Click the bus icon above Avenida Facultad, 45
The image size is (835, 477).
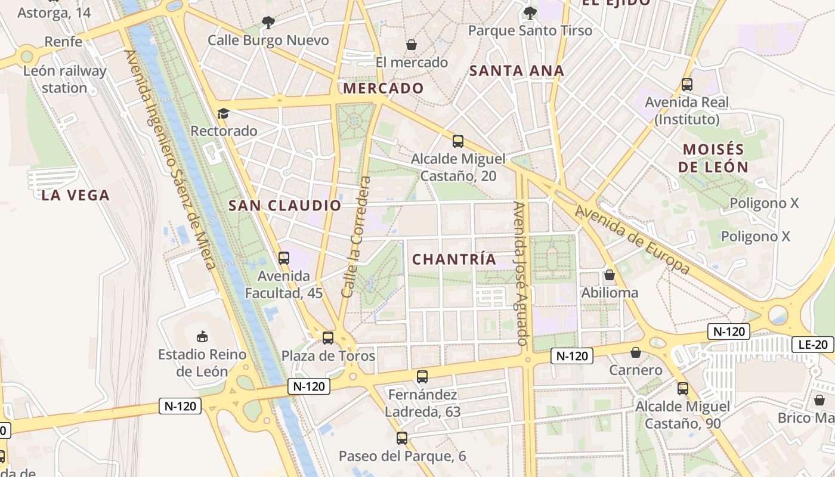pos(284,258)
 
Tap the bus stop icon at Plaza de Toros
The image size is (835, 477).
pos(327,338)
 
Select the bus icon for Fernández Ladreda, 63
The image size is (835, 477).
pos(422,377)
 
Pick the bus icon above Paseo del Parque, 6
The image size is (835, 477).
pos(402,438)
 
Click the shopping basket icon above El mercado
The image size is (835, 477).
pos(412,45)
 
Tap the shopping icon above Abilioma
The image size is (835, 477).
pos(610,275)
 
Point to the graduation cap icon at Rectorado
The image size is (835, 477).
pos(223,113)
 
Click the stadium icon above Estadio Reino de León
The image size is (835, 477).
pos(202,337)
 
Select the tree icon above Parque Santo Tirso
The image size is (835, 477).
pos(530,13)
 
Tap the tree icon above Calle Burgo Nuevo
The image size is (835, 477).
pos(268,23)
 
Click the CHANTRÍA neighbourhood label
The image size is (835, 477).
pos(454,259)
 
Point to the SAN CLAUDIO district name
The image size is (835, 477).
pos(285,206)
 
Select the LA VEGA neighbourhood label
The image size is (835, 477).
pos(76,195)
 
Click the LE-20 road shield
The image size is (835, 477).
pos(813,344)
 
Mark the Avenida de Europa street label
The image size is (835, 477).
pos(633,240)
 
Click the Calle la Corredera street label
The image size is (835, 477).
pos(357,237)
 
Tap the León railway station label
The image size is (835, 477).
pos(64,79)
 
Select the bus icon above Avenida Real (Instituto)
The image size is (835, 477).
pos(687,85)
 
